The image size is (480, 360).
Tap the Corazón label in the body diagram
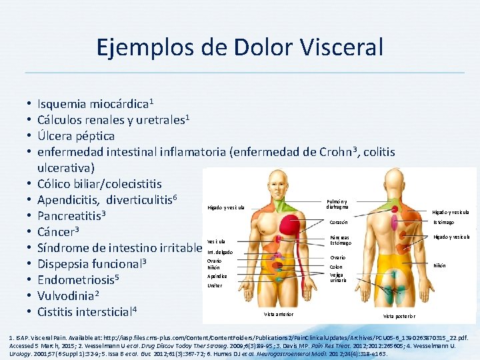pyautogui.click(x=339, y=222)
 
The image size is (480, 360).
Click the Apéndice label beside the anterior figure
pyautogui.click(x=217, y=275)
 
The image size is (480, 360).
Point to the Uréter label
pyautogui.click(x=213, y=285)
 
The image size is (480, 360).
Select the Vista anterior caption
pyautogui.click(x=279, y=314)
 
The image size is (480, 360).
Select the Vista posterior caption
pyautogui.click(x=399, y=315)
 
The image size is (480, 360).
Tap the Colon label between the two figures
pyautogui.click(x=335, y=267)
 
